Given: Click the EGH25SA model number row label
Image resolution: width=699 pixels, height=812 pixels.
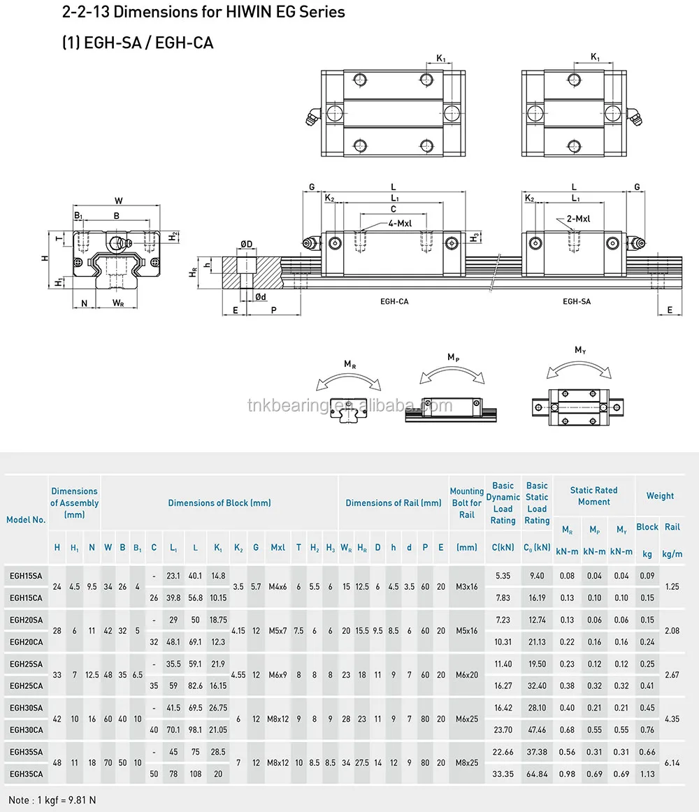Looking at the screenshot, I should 26,664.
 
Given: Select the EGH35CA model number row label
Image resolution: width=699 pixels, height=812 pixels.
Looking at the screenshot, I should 26,774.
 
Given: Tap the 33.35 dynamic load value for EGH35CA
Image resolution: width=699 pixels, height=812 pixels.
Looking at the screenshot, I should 503,774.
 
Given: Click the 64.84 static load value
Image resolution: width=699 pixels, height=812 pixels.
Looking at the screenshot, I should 537,774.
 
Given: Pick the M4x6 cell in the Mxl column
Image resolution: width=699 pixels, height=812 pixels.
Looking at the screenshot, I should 278,586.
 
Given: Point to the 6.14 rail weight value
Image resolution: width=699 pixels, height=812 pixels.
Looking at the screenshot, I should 672,763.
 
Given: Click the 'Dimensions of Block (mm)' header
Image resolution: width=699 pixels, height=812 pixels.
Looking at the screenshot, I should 219,502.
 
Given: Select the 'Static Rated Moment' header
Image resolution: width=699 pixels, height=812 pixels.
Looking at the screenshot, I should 593,496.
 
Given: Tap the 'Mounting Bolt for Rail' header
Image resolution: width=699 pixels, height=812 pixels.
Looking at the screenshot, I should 466,503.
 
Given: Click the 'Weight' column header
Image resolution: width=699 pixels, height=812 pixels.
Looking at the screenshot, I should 660,495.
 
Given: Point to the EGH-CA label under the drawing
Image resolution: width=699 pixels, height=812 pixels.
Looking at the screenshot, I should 394,301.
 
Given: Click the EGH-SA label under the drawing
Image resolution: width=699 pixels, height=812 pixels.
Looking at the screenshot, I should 577,301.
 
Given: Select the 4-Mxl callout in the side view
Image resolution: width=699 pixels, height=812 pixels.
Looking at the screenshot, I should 401,223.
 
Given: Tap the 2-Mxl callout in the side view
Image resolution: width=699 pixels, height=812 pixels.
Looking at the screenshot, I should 578,219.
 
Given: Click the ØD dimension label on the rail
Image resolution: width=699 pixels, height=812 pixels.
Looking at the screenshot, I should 246,243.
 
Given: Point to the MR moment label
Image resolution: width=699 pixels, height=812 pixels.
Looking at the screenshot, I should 349,364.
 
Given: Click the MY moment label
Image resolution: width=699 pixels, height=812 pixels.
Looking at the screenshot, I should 580,350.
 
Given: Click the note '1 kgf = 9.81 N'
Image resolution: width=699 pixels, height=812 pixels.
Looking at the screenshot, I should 52,799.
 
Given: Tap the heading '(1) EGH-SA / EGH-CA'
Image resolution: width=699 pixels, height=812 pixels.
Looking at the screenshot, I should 138,43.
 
